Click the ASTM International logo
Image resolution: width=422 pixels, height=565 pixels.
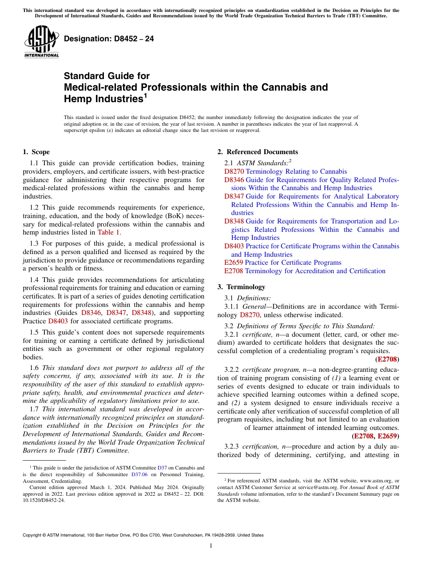click(41, 42)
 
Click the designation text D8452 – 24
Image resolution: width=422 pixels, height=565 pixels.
click(109, 39)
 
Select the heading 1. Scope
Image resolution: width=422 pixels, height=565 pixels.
click(36, 152)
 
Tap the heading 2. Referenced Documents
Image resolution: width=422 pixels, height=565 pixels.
click(258, 152)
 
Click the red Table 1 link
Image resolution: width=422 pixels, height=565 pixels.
click(109, 232)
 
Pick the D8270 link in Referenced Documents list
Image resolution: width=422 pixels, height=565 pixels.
click(234, 171)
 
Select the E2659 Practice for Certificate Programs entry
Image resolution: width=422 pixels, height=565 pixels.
click(283, 263)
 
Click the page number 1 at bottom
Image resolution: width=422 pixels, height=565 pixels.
click(211, 546)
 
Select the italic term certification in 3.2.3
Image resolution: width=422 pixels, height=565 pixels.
click(258, 447)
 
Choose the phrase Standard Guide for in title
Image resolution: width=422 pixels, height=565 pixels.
click(107, 76)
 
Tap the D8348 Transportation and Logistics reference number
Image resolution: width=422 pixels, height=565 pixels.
click(234, 221)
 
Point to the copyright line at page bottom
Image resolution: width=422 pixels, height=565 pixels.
click(143, 535)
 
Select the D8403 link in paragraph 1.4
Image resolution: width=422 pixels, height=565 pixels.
click(58, 321)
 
